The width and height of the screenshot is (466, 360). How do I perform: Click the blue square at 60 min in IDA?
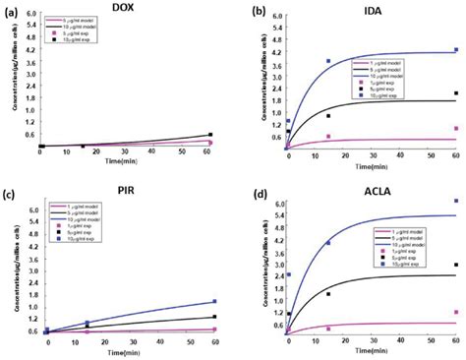tap(455, 50)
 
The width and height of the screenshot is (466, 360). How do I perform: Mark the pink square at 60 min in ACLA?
tap(455, 312)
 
